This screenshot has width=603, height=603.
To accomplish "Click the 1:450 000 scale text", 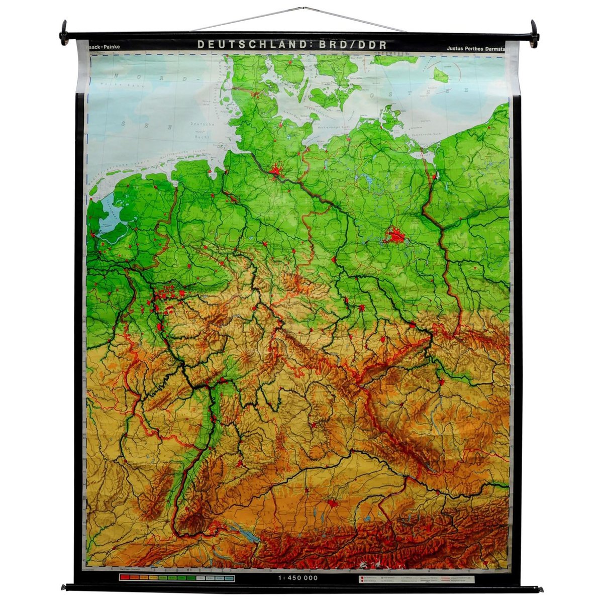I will pos(297,578).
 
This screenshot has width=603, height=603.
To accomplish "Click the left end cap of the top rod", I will pos(64,33).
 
